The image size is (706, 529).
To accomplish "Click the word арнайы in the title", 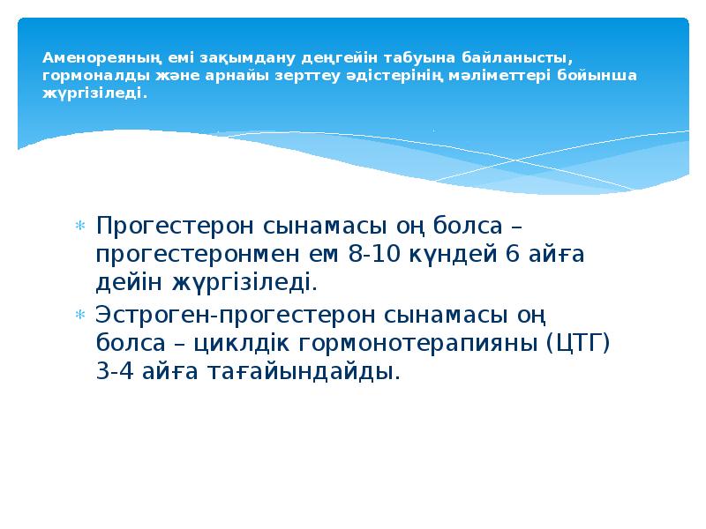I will tap(237, 75).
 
